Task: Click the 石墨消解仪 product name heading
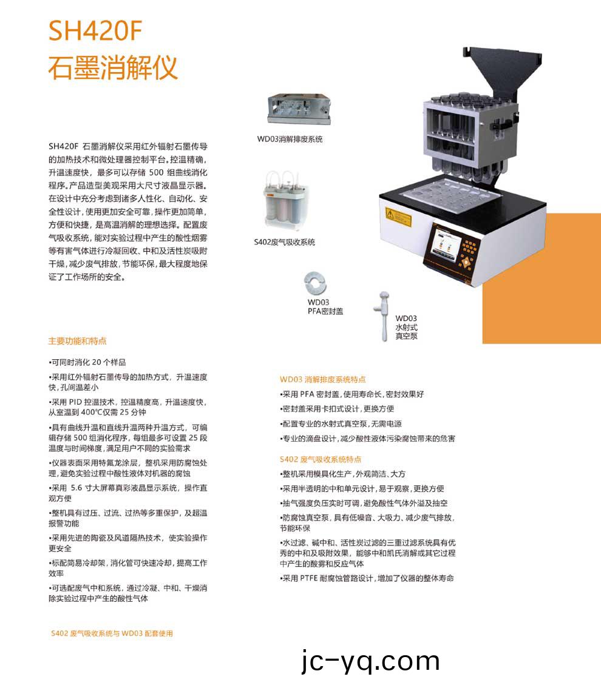(113, 67)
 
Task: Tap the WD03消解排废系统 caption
(290, 139)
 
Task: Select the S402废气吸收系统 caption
(284, 242)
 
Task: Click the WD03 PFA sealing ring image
(316, 283)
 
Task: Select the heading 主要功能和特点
(77, 341)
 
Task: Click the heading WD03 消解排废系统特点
(322, 379)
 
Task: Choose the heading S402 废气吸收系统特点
(320, 459)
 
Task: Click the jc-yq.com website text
(370, 661)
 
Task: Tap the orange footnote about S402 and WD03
(112, 633)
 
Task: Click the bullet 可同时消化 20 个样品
(87, 362)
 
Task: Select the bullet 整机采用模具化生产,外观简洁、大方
(342, 474)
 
